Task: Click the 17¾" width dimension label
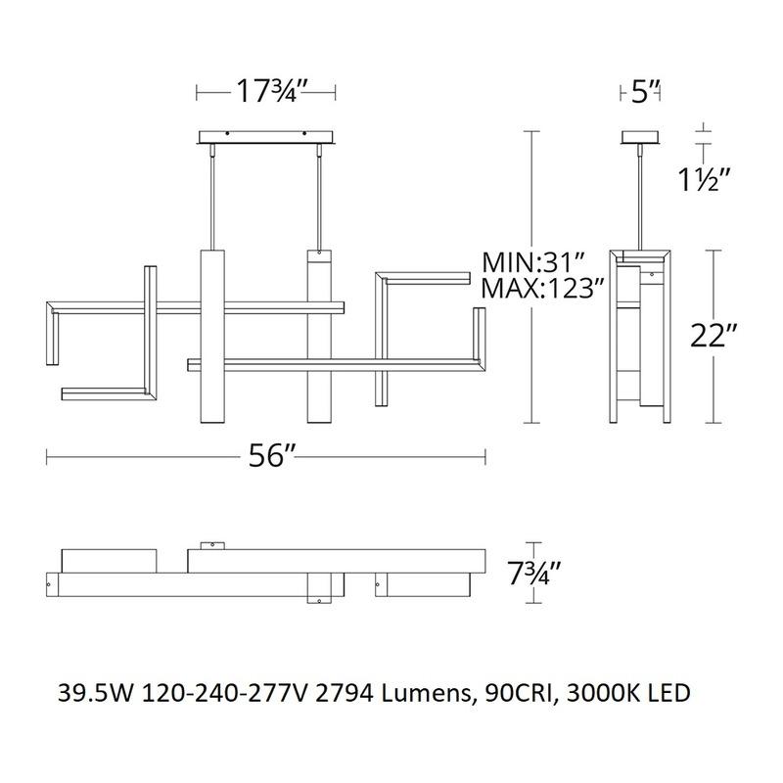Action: pyautogui.click(x=267, y=92)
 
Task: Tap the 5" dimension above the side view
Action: pyautogui.click(x=642, y=92)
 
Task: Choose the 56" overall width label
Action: pyautogui.click(x=266, y=456)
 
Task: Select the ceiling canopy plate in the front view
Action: pyautogui.click(x=267, y=136)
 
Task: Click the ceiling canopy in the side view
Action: pyautogui.click(x=642, y=136)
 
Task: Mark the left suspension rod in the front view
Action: pyautogui.click(x=214, y=196)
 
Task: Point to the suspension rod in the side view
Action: pyautogui.click(x=642, y=196)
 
